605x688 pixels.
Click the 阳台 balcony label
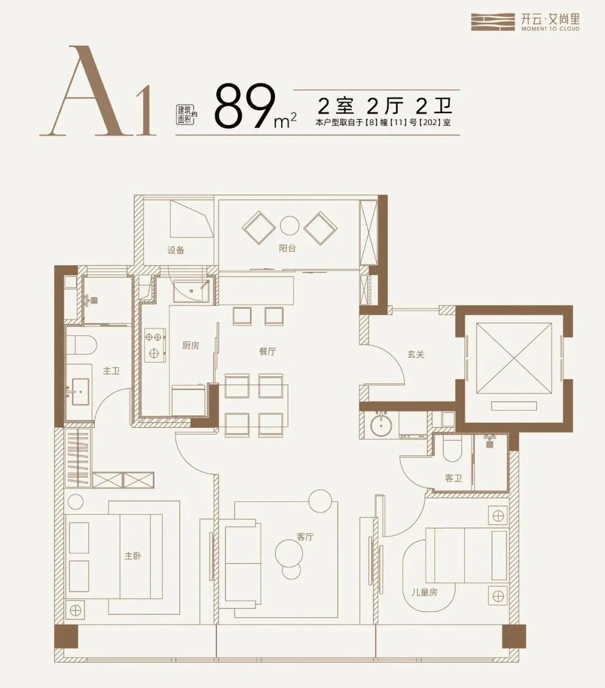pyautogui.click(x=287, y=248)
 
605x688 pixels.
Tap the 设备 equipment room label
pyautogui.click(x=176, y=250)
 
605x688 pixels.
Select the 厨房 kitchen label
pyautogui.click(x=190, y=346)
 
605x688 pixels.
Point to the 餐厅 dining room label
pyautogui.click(x=267, y=352)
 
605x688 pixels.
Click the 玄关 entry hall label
pyautogui.click(x=416, y=354)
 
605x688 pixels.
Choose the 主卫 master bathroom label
pyautogui.click(x=111, y=371)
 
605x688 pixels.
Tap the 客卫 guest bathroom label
pyautogui.click(x=454, y=478)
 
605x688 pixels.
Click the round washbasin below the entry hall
pyautogui.click(x=381, y=424)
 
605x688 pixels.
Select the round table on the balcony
pyautogui.click(x=290, y=226)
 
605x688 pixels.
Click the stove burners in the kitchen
pyautogui.click(x=155, y=345)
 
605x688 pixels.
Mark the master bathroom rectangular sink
pyautogui.click(x=81, y=391)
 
